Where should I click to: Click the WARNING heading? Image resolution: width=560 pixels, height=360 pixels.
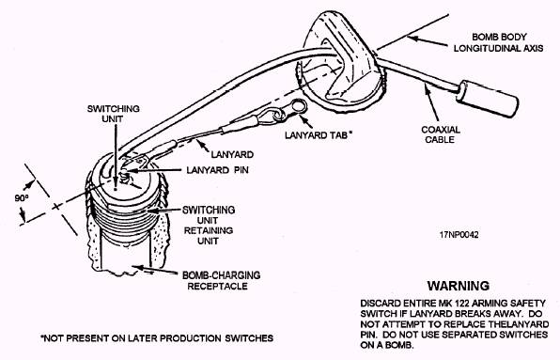(459, 286)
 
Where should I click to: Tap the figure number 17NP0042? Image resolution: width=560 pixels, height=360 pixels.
(459, 235)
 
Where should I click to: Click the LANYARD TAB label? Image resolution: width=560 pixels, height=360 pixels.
(319, 135)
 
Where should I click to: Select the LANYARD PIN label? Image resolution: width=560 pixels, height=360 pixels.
(217, 170)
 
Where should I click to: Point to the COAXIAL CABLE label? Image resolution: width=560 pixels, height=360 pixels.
(441, 134)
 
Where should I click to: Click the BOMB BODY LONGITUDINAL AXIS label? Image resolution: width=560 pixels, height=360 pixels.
(499, 42)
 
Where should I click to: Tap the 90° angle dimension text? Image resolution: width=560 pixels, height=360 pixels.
(22, 197)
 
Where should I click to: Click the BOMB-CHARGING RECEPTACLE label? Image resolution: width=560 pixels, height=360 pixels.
(221, 281)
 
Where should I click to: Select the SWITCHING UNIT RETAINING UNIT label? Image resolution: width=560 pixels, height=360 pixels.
(209, 226)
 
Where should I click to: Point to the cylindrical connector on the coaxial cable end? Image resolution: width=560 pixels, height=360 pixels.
(488, 99)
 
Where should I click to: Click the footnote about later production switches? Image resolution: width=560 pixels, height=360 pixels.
(157, 337)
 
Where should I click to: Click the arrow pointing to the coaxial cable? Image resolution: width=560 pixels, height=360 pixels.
(431, 102)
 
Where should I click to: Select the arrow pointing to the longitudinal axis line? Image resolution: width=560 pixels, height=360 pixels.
(427, 40)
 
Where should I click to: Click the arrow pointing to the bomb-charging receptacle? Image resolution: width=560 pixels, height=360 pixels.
(157, 271)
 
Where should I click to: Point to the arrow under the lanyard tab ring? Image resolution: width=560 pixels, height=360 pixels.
(306, 121)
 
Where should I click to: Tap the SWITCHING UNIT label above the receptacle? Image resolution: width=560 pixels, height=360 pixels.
(113, 114)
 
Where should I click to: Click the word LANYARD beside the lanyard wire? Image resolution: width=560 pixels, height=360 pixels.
(232, 155)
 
